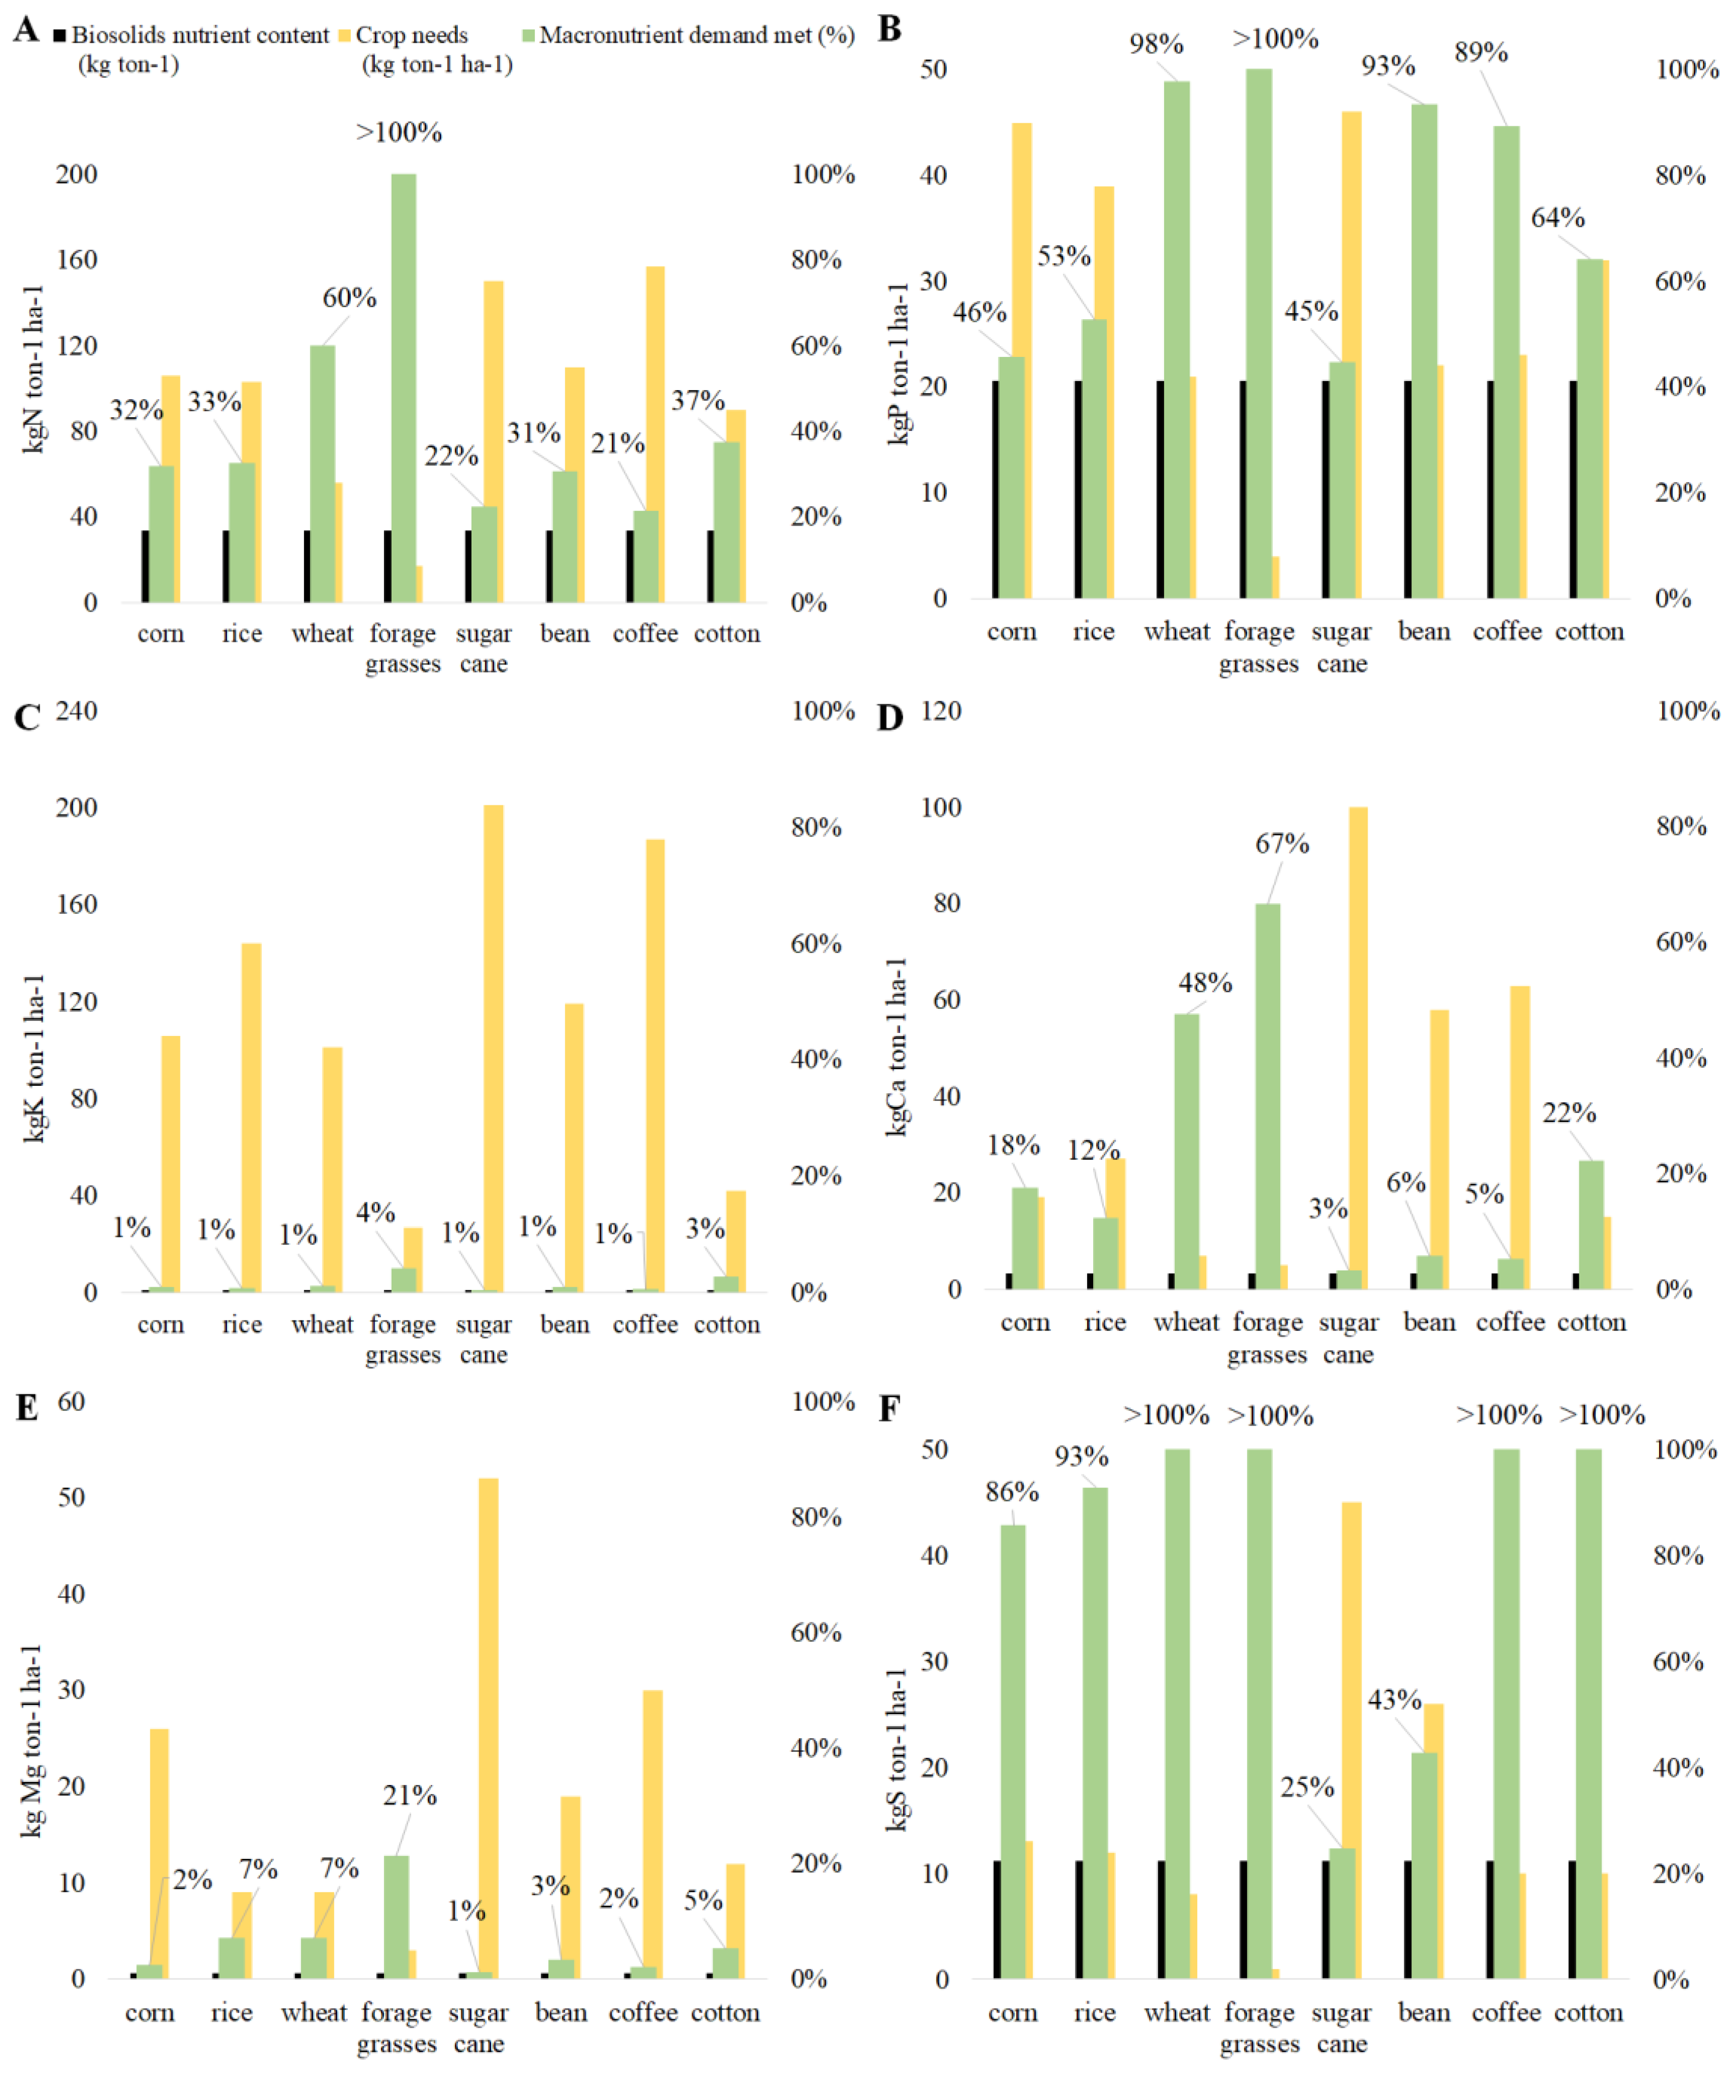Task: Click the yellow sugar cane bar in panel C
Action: [x=494, y=1047]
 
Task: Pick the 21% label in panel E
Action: [x=410, y=1795]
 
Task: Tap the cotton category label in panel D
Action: [x=1591, y=1322]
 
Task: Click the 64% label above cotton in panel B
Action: [x=1557, y=217]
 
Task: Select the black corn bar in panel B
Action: [x=996, y=489]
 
